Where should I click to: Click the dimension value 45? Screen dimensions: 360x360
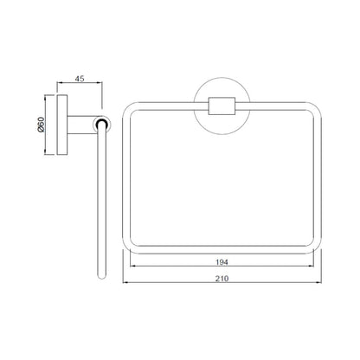point(80,79)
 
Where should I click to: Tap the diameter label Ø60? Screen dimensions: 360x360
point(42,125)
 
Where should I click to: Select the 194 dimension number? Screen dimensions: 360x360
point(222,262)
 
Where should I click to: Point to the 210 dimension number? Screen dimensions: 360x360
point(222,279)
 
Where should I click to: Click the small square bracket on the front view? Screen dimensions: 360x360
point(222,106)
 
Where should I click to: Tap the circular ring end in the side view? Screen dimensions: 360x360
point(102,125)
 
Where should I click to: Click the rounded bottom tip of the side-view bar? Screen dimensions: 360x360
point(101,276)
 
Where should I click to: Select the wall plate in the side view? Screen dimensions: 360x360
point(62,125)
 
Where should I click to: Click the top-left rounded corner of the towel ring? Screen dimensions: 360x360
point(126,106)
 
